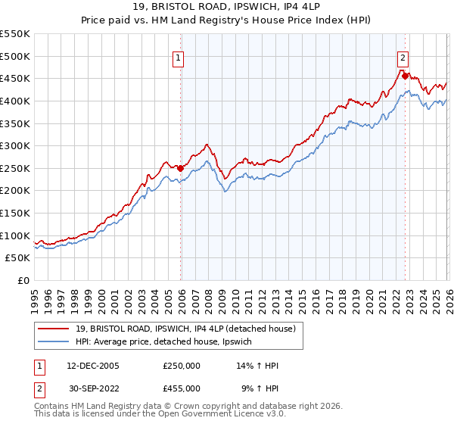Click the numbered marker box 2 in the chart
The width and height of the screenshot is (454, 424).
pyautogui.click(x=403, y=57)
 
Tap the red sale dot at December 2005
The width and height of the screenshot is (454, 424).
pyautogui.click(x=181, y=168)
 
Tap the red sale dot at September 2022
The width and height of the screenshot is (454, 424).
pyautogui.click(x=405, y=76)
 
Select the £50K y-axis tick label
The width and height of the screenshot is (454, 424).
pyautogui.click(x=18, y=258)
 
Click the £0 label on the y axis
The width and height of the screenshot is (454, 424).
pyautogui.click(x=23, y=281)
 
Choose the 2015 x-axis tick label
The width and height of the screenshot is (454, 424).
pyautogui.click(x=303, y=298)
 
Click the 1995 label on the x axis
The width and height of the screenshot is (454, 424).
pyautogui.click(x=36, y=298)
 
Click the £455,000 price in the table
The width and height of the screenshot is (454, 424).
pyautogui.click(x=182, y=388)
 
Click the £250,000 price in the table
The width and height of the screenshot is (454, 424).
pyautogui.click(x=182, y=366)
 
